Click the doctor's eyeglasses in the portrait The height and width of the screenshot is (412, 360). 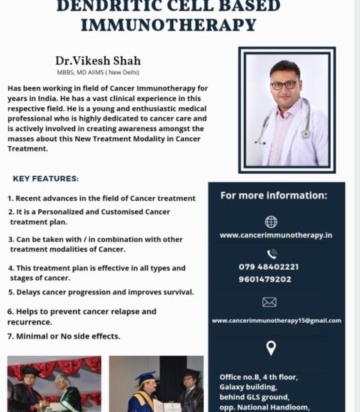(x=285, y=85)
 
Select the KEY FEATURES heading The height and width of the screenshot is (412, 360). (x=46, y=179)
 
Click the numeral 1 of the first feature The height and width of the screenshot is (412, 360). (x=10, y=199)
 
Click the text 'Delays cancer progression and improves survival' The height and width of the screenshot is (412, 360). (x=104, y=292)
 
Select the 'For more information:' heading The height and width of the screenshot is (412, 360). (x=274, y=196)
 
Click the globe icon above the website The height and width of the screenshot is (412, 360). (x=271, y=222)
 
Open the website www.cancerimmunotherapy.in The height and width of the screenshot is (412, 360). (x=275, y=235)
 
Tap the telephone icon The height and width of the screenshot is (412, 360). (x=271, y=254)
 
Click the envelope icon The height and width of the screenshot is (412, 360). (x=270, y=302)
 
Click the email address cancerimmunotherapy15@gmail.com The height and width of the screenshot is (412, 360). (x=276, y=321)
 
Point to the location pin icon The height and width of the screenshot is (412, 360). (x=271, y=348)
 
